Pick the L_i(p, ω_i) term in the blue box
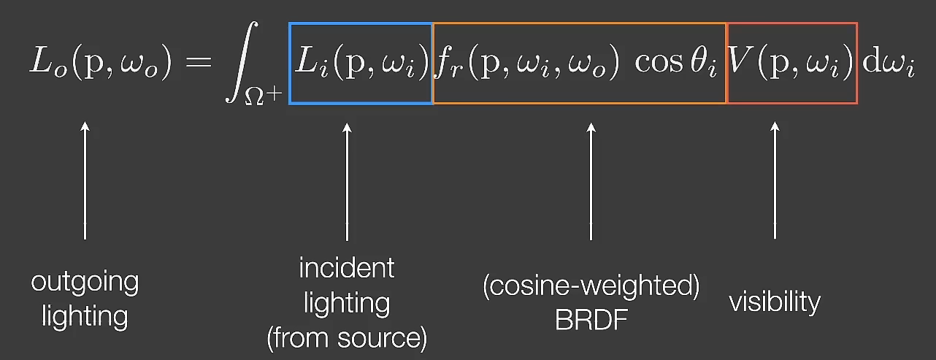[x=361, y=64]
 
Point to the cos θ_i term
[x=675, y=64]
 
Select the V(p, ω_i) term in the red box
[x=791, y=64]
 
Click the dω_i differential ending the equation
[x=889, y=64]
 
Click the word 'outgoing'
[x=85, y=282]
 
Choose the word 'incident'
[x=347, y=268]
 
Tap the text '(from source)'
[x=347, y=338]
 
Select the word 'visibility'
[x=775, y=302]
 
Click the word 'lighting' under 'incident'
[x=347, y=303]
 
